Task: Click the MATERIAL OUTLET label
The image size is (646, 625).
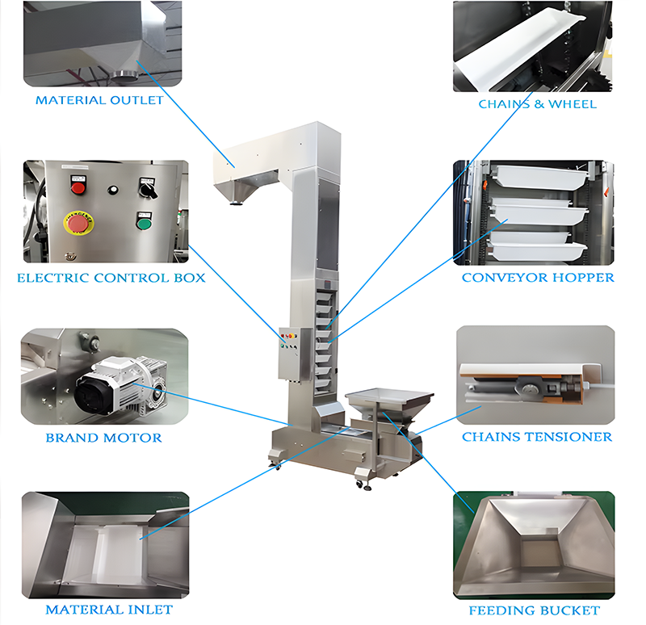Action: pyautogui.click(x=99, y=100)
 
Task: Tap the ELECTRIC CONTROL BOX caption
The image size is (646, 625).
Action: pyautogui.click(x=111, y=278)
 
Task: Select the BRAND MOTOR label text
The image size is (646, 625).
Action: pyautogui.click(x=104, y=438)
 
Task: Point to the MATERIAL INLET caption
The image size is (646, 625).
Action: pyautogui.click(x=109, y=610)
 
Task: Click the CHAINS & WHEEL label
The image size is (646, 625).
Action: pyautogui.click(x=538, y=104)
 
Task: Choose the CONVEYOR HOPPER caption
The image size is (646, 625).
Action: pyautogui.click(x=538, y=277)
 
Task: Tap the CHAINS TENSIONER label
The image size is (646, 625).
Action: pyautogui.click(x=537, y=437)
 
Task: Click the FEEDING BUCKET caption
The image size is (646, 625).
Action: pyautogui.click(x=535, y=610)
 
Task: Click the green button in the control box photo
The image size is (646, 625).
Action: pyautogui.click(x=144, y=224)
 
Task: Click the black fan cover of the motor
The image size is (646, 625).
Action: pyautogui.click(x=90, y=393)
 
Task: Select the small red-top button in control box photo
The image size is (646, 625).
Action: pyautogui.click(x=78, y=186)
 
